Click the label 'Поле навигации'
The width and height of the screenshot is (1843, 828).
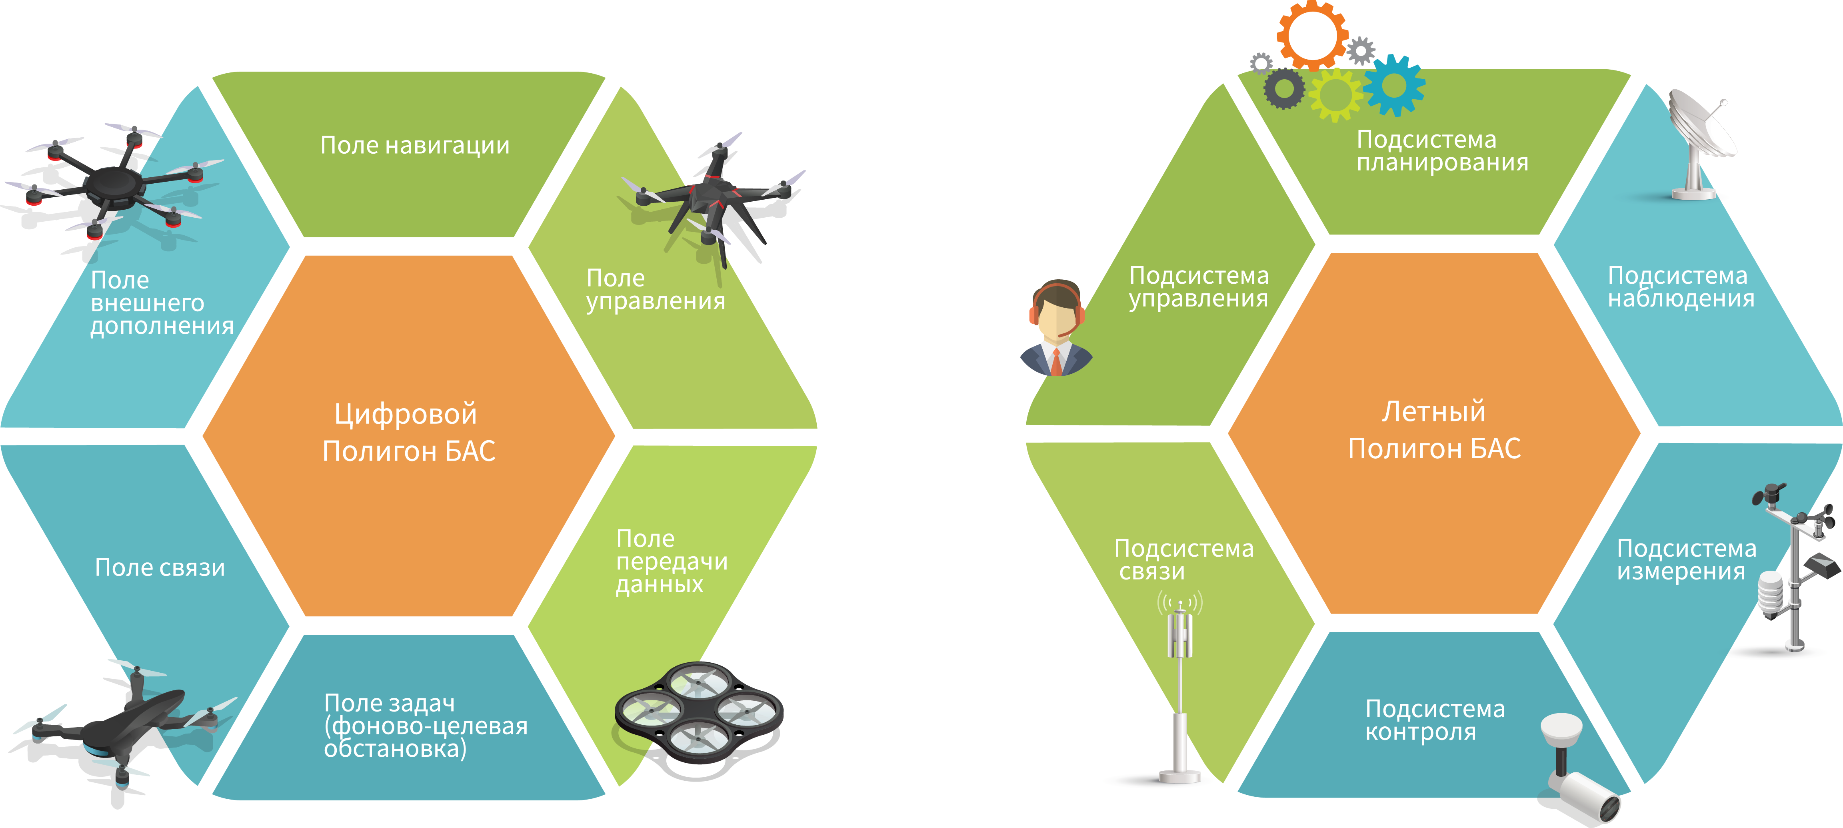click(x=415, y=145)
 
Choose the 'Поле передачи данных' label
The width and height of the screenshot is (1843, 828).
click(x=671, y=561)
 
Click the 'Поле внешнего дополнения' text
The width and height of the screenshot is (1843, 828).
click(x=162, y=303)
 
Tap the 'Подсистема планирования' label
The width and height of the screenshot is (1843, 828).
click(x=1441, y=151)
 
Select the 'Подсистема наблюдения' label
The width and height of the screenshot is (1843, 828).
click(x=1681, y=287)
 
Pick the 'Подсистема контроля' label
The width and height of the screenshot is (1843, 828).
click(x=1435, y=720)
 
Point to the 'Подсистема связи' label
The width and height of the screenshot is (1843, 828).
click(x=1183, y=559)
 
